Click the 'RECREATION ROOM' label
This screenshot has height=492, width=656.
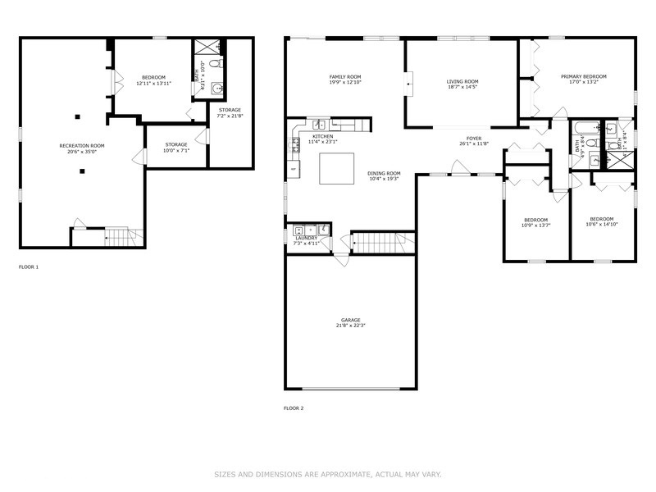pyautogui.click(x=82, y=145)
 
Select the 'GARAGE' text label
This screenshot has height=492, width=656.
pyautogui.click(x=351, y=320)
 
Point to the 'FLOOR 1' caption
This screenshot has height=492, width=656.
pyautogui.click(x=29, y=266)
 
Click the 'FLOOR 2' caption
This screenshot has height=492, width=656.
pyautogui.click(x=294, y=408)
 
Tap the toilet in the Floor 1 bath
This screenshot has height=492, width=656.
pyautogui.click(x=216, y=62)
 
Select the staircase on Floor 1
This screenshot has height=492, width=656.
pyautogui.click(x=118, y=237)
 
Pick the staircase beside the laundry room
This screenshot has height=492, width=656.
pyautogui.click(x=382, y=243)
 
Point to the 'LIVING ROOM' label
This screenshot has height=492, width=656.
pyautogui.click(x=462, y=81)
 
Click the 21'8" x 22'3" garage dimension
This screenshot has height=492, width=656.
pyautogui.click(x=351, y=326)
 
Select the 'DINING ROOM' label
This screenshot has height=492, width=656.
pyautogui.click(x=383, y=172)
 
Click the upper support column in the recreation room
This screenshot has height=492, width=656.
pyautogui.click(x=79, y=116)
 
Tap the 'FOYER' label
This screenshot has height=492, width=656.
pyautogui.click(x=474, y=138)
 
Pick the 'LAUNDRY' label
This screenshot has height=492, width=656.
pyautogui.click(x=306, y=238)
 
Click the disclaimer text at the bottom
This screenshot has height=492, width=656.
pyautogui.click(x=328, y=474)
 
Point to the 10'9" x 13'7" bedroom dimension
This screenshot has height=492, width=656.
pyautogui.click(x=536, y=225)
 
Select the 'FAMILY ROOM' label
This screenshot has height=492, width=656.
pyautogui.click(x=344, y=76)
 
